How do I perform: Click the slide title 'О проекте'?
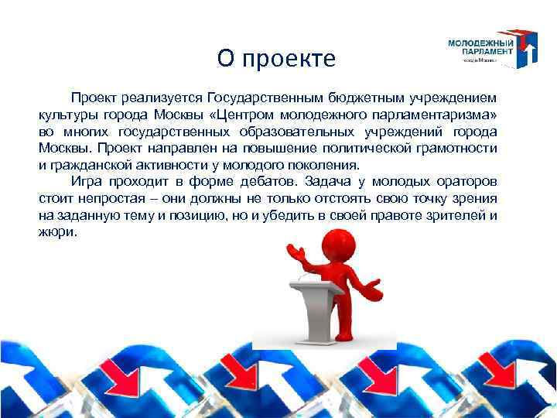276,58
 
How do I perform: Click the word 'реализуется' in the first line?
165,99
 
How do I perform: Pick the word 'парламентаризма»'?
441,115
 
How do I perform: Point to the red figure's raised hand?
292,252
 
